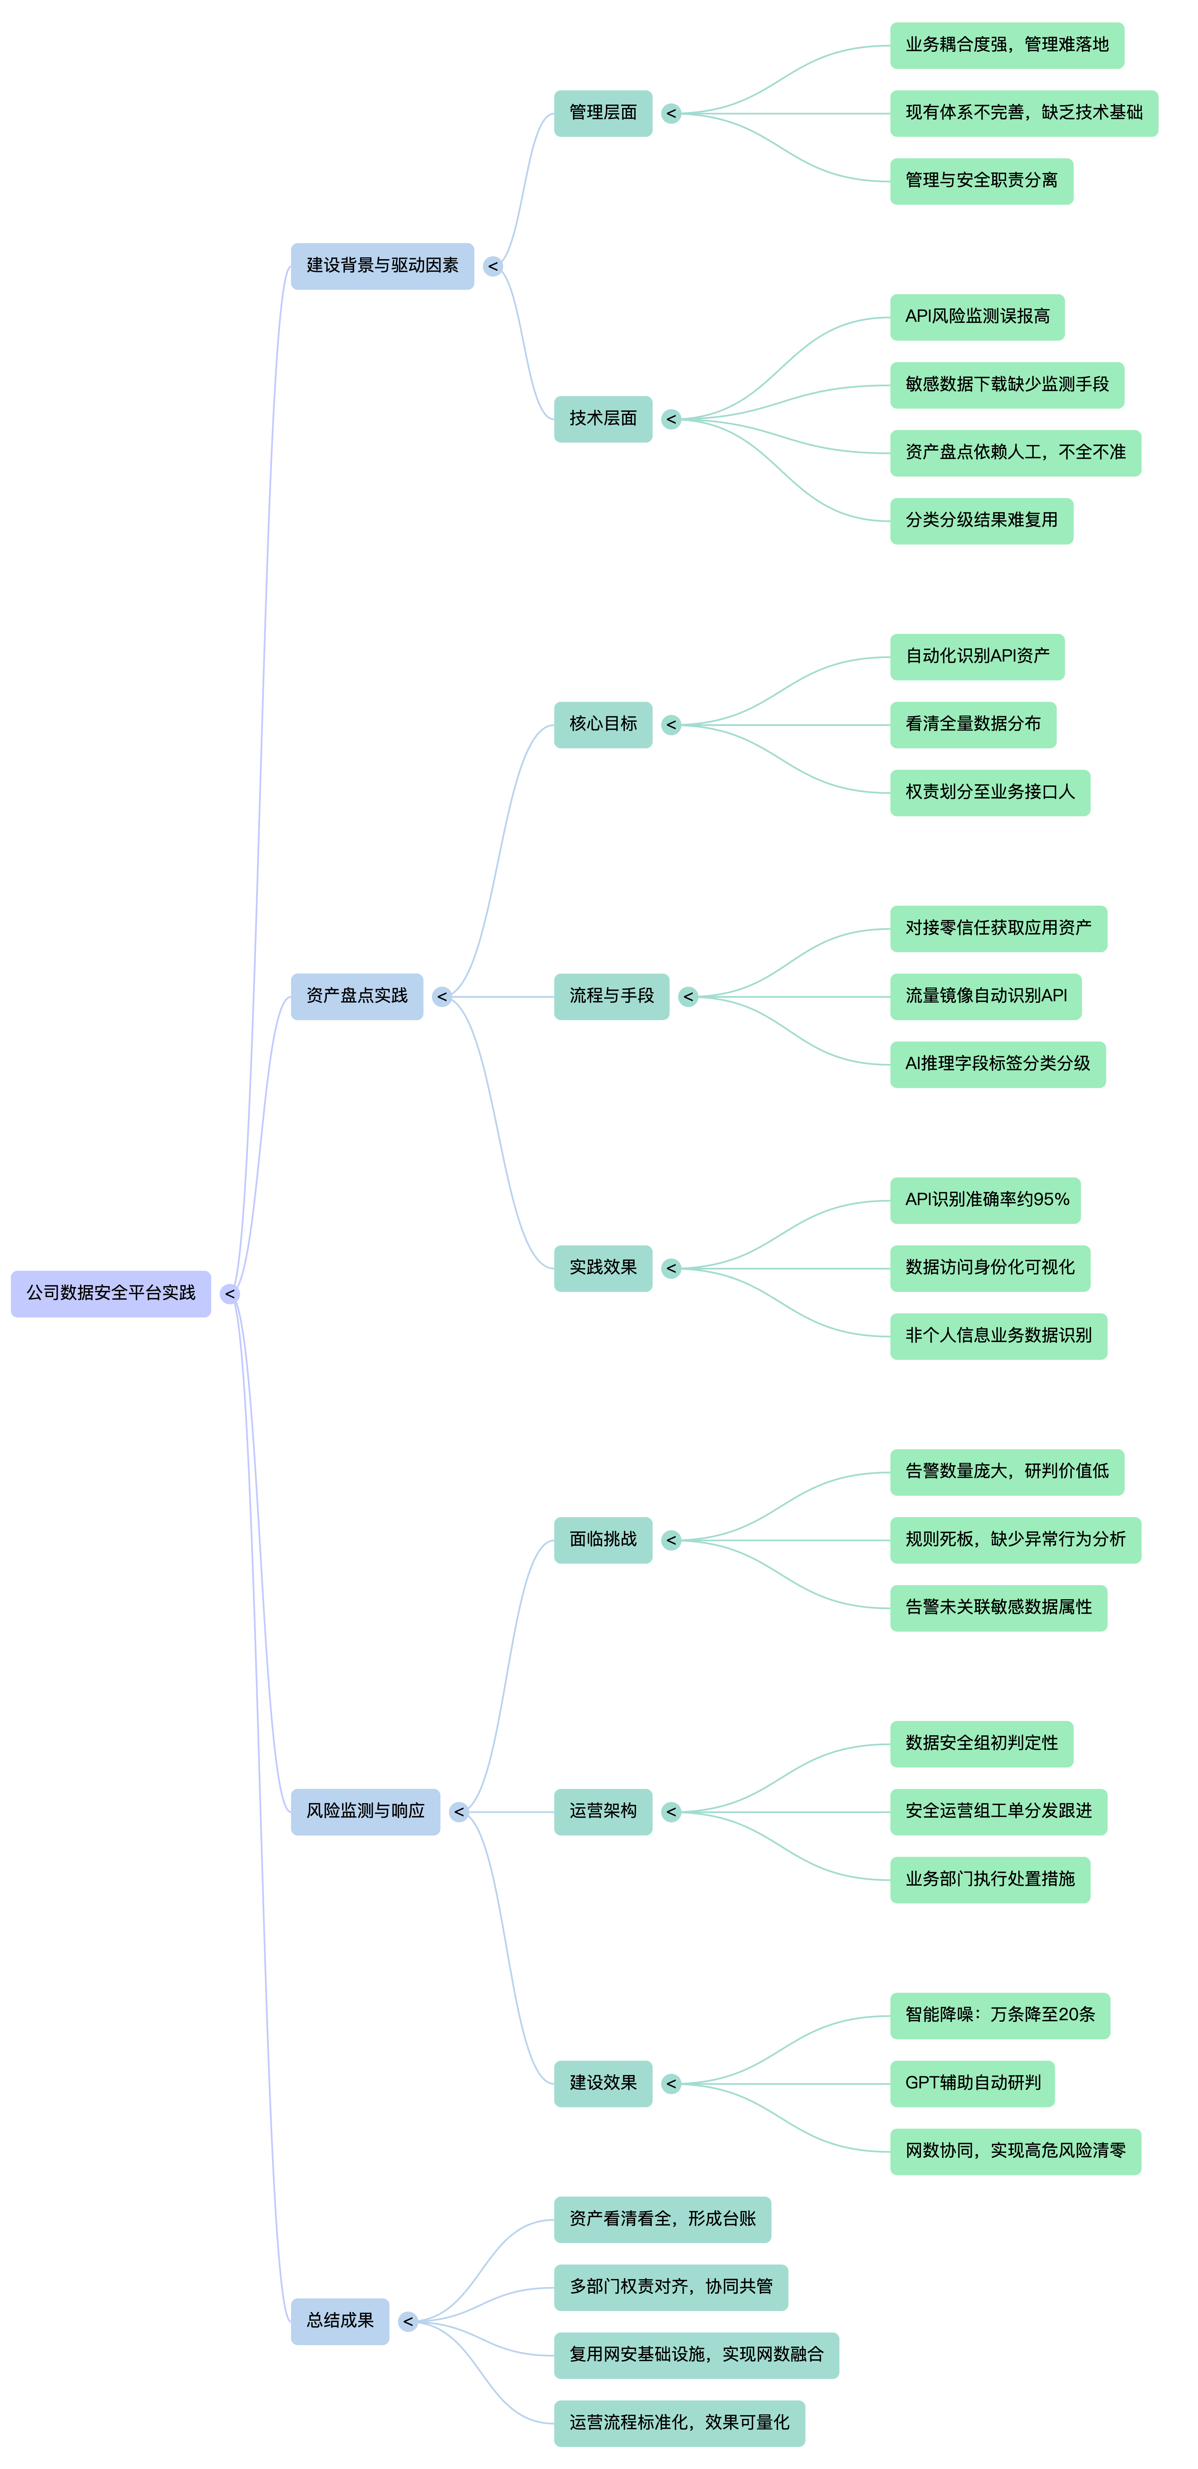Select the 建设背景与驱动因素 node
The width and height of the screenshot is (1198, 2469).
(x=381, y=265)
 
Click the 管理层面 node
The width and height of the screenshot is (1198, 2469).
(x=603, y=113)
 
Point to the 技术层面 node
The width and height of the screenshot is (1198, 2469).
(x=603, y=419)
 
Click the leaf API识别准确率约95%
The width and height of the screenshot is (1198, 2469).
(x=985, y=1200)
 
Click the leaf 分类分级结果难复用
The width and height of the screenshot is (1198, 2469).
(x=982, y=520)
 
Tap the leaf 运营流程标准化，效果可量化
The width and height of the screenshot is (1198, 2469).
(x=679, y=2423)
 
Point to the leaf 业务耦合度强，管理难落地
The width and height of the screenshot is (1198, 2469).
(x=1006, y=45)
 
